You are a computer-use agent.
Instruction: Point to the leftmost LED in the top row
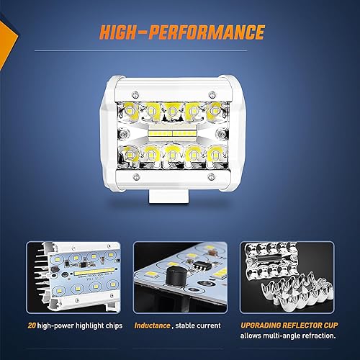(132, 111)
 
